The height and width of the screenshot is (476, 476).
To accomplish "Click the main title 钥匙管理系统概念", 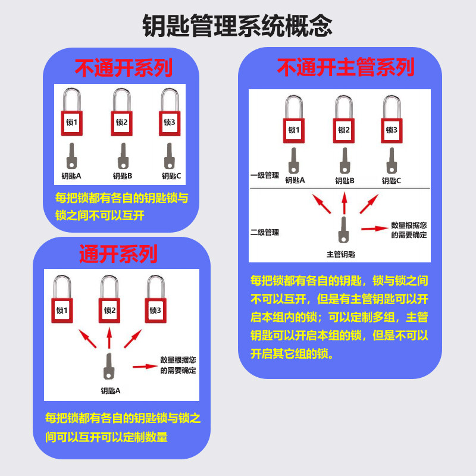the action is pos(237,26).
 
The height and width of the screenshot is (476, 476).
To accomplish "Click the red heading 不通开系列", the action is pos(123,68).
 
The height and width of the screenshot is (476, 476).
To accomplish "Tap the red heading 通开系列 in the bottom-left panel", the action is pos(118,254).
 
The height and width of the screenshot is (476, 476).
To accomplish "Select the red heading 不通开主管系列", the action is pos(345,68).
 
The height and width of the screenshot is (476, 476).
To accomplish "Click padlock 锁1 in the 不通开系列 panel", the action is pos(71,122).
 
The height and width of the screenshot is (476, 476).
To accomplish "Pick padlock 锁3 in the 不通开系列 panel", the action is pos(170,122).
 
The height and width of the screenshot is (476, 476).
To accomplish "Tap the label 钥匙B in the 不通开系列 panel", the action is pos(123,176).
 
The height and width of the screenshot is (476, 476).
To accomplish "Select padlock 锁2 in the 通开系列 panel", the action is pos(109,309).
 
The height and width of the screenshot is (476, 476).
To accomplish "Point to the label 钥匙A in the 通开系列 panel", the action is pos(111,391).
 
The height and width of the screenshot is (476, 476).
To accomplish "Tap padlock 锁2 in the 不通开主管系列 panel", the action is pos(344,130).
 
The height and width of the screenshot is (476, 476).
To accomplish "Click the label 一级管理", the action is pos(265,176).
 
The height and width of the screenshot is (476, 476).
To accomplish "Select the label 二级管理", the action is pos(265,232).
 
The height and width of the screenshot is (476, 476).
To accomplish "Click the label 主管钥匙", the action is pos(341,254).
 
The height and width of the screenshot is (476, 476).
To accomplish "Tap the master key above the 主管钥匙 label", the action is pos(343,230).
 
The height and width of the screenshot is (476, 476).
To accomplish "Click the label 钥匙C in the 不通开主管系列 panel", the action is pos(392,181).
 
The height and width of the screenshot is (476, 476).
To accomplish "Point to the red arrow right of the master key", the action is pos(375,228).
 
